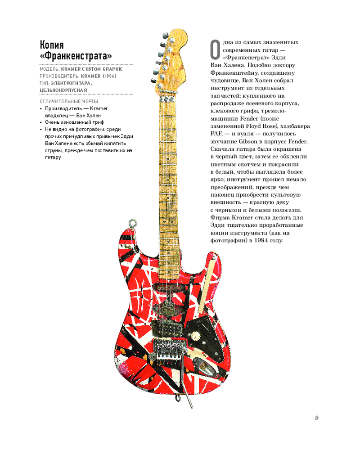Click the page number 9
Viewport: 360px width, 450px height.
pos(316,418)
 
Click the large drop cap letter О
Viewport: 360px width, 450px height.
pos(215,49)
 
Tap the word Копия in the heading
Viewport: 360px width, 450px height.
pos(52,45)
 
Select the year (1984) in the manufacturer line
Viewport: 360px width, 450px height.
pos(109,76)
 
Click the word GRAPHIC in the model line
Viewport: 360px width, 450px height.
pos(112,69)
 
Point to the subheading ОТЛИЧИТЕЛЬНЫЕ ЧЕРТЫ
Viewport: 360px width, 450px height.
pos(69,101)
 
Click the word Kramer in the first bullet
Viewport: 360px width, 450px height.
pos(99,108)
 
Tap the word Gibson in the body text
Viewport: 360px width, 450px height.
pos(247,141)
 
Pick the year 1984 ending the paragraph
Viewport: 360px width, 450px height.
pos(261,240)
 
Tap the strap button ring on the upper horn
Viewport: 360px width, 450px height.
pos(132,223)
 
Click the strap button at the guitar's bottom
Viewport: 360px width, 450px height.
pos(178,398)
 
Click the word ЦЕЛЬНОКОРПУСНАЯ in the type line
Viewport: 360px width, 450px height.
pos(63,90)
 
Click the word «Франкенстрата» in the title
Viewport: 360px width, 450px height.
pos(76,56)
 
